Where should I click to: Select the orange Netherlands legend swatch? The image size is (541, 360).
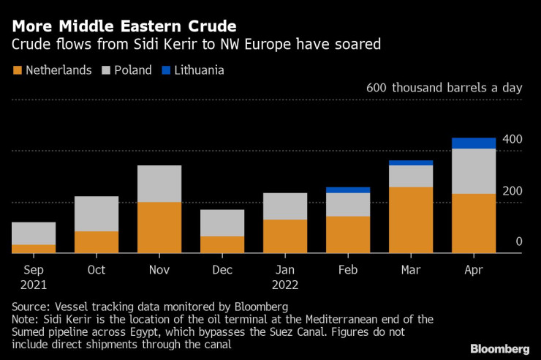17,71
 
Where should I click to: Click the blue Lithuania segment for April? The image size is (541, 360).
473,143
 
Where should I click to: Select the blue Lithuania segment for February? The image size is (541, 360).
348,190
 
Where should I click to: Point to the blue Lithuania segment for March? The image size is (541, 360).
411,162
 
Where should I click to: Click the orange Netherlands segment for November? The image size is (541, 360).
159,227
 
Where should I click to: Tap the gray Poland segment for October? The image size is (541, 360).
97,214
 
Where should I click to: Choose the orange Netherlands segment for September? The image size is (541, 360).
34,248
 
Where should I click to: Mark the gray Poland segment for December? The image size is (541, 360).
222,222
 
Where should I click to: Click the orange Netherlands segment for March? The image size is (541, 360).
411,220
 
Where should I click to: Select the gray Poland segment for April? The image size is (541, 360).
473,171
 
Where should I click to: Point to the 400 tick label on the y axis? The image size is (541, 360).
512,139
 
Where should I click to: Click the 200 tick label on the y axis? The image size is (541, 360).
512,190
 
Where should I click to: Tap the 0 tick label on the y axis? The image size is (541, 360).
518,241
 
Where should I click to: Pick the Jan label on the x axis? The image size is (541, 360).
285,269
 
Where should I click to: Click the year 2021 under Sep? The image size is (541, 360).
34,284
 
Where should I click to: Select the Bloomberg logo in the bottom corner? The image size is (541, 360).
499,348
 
